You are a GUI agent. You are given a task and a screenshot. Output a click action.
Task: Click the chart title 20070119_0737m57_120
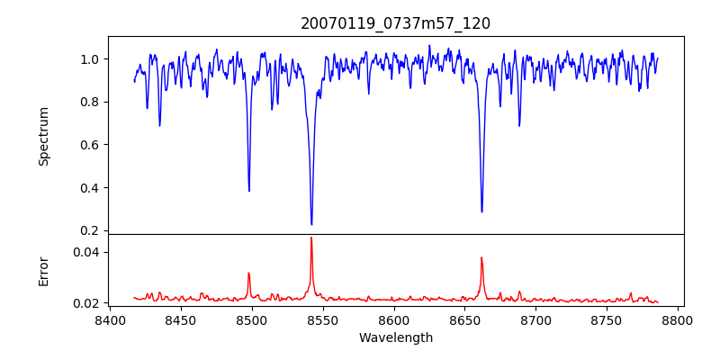pos(395,23)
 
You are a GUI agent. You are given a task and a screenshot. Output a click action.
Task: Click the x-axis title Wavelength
pos(395,337)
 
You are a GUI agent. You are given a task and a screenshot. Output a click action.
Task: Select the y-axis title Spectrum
pos(44,136)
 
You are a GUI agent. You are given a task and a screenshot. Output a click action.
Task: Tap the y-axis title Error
pos(44,269)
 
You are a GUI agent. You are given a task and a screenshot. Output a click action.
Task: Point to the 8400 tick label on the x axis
pos(110,319)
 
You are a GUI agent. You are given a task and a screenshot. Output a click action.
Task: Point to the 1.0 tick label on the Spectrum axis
pos(89,59)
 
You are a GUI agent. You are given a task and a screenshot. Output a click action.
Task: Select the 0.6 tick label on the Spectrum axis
pos(89,145)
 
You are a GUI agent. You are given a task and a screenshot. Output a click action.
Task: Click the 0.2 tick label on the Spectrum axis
pos(89,230)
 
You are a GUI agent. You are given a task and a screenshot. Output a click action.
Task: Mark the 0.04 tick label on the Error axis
pos(85,252)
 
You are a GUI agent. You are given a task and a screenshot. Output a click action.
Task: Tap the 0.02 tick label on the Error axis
pos(85,303)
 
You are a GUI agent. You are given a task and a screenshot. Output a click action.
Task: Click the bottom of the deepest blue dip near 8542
pos(311,224)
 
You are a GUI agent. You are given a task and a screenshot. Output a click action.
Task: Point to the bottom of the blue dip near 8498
pos(249,191)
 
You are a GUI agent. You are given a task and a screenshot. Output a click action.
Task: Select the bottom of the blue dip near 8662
pos(481,211)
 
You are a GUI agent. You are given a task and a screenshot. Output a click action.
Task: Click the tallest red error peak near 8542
pos(311,238)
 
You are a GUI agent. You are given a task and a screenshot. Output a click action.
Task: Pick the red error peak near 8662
pos(481,257)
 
